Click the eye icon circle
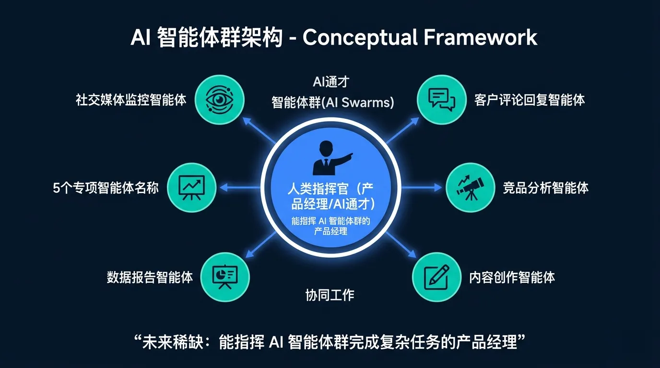pyautogui.click(x=221, y=100)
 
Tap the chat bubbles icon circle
pyautogui.click(x=441, y=100)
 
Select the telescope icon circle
pyautogui.click(x=470, y=188)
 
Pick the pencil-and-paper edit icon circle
pyautogui.click(x=436, y=277)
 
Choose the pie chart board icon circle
pyautogui.click(x=224, y=277)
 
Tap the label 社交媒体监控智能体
pyautogui.click(x=131, y=100)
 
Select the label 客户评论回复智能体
pyautogui.click(x=530, y=100)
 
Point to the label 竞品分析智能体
pyautogui.click(x=545, y=187)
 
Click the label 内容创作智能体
pyautogui.click(x=512, y=277)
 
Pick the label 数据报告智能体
pyautogui.click(x=150, y=277)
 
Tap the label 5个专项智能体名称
pyautogui.click(x=106, y=187)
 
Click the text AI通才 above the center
pyautogui.click(x=330, y=82)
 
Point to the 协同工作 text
pyautogui.click(x=330, y=294)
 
